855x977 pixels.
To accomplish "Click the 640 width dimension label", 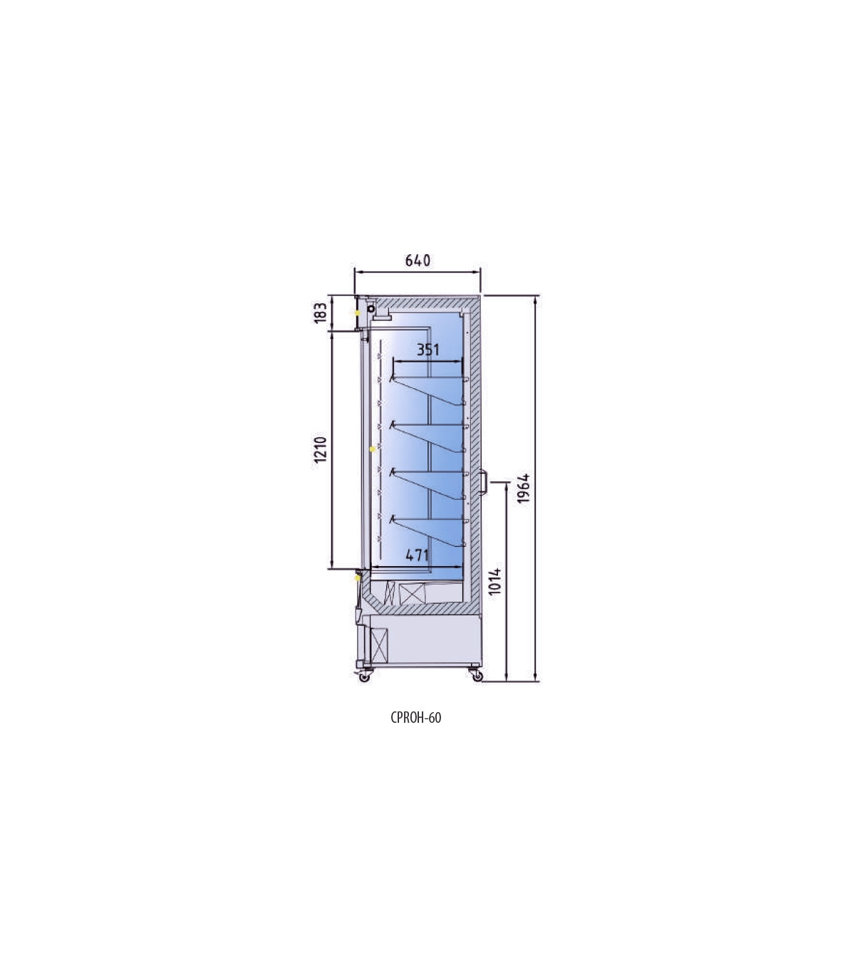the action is pos(418,261).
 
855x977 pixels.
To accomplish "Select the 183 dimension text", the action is pos(321,313).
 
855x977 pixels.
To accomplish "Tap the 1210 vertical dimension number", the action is pos(321,449).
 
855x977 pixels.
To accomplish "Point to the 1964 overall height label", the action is pos(524,488).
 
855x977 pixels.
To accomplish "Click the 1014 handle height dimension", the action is pos(495,581).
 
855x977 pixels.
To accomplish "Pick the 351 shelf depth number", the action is pos(428,350).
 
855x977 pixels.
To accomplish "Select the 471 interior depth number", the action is pos(417,555).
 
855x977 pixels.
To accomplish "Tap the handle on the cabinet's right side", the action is pos(484,482).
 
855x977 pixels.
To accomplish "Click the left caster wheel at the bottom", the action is pos(365,676).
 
